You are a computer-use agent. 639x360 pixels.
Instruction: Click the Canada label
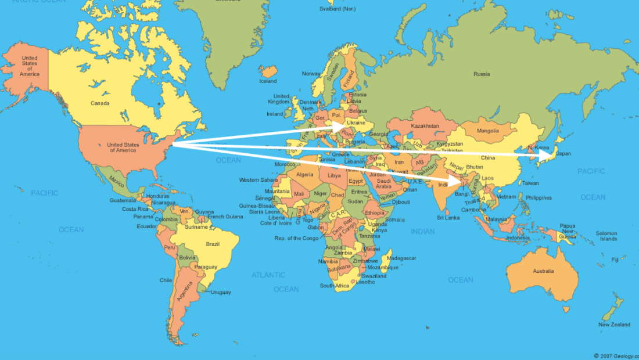click(100, 103)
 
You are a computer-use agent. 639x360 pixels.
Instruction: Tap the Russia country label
click(482, 74)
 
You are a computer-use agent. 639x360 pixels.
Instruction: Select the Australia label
click(543, 271)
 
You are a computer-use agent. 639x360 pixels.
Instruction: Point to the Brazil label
click(213, 244)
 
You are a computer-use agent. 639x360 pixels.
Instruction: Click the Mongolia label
click(487, 131)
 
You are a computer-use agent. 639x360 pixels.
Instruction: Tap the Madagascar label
click(401, 258)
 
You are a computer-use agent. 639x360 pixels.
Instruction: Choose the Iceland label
click(268, 81)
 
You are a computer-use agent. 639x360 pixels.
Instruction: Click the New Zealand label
click(615, 325)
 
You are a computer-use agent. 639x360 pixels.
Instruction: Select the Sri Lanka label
click(448, 218)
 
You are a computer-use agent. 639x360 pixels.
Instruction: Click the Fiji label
click(615, 260)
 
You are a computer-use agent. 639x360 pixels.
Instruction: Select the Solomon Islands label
click(608, 236)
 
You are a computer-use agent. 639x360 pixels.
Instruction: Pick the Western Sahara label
click(258, 180)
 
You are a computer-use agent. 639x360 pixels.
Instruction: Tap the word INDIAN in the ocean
click(422, 232)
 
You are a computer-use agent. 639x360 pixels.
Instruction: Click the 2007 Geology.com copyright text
click(616, 355)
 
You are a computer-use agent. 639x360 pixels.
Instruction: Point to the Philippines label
click(539, 198)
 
